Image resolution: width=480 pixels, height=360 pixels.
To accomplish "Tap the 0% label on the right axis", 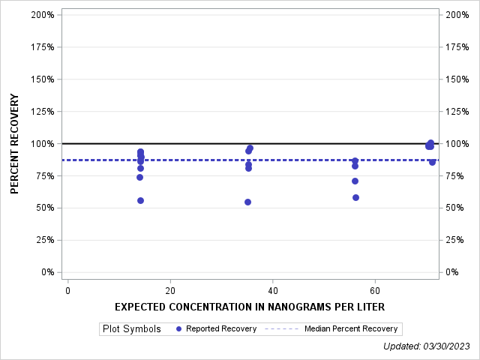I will tap(454, 272).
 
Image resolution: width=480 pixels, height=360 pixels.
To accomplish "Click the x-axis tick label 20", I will tap(170, 290).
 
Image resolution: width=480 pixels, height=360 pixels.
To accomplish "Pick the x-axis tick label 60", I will tap(375, 290).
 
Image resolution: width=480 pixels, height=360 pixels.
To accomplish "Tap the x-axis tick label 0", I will tap(67, 290).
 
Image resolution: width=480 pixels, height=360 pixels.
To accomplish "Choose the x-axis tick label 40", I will tap(273, 290).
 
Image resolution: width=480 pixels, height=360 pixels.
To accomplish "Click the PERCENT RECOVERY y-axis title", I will tap(15, 144).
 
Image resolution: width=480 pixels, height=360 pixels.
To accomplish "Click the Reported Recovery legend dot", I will tap(178, 328).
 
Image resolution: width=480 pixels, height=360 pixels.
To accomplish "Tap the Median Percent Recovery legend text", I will tap(350, 328).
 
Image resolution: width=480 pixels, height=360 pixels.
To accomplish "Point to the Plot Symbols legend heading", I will tap(131, 328).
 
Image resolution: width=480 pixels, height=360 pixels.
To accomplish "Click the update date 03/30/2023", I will tap(449, 346).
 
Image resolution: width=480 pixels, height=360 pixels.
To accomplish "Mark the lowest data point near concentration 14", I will tap(140, 200).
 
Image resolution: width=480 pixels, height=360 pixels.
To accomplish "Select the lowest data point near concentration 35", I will tap(247, 202).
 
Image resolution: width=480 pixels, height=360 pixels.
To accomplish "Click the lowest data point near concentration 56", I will tap(355, 197).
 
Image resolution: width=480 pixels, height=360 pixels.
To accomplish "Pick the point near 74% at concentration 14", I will tap(139, 177).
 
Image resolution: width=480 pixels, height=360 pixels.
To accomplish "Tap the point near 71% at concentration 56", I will tap(355, 181).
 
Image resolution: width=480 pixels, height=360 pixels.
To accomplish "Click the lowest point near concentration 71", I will tap(432, 162).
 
